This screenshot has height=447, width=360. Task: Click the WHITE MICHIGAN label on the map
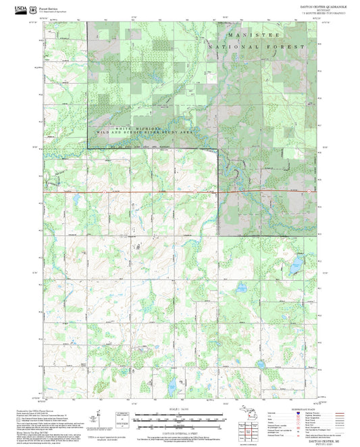click(119, 128)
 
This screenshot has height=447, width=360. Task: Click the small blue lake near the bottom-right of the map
click(261, 365)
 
